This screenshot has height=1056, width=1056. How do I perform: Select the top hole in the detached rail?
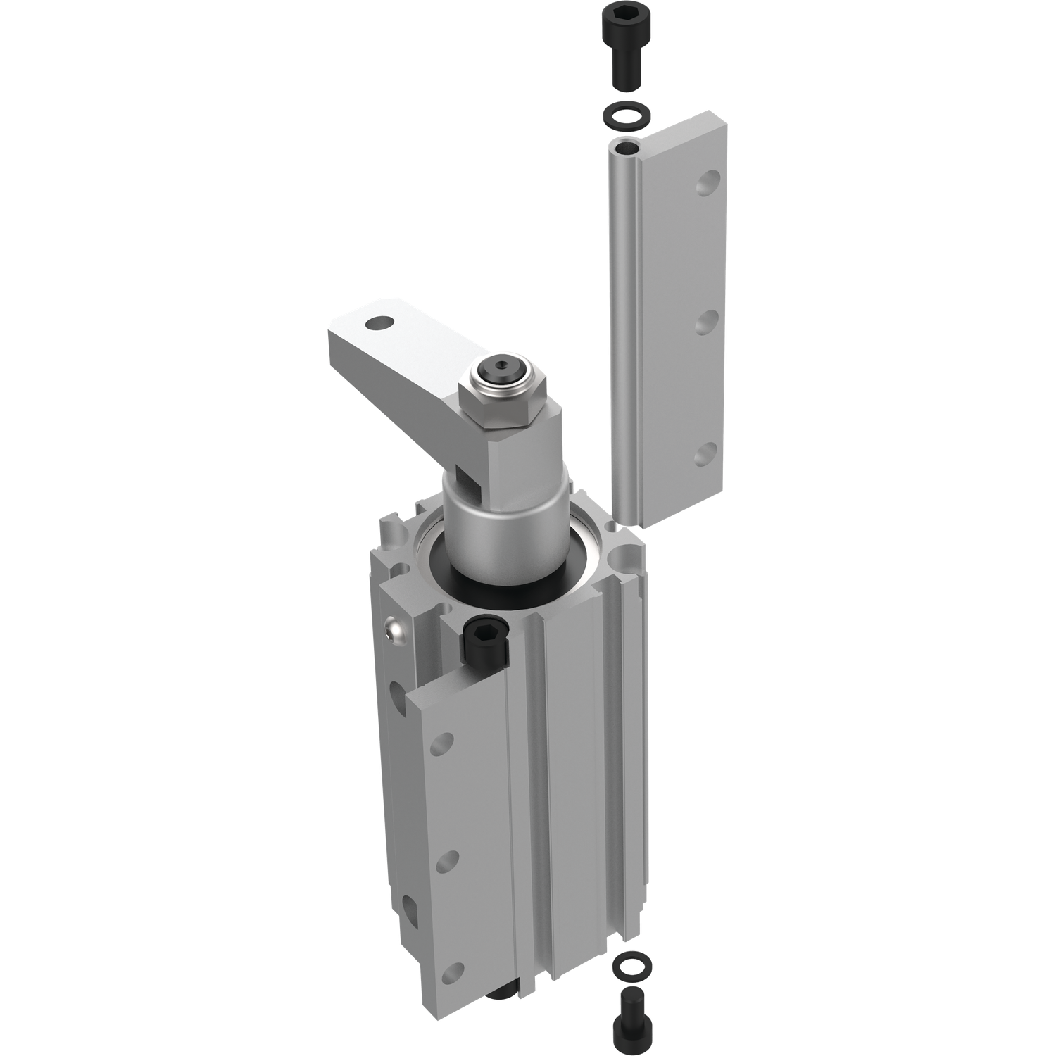(706, 186)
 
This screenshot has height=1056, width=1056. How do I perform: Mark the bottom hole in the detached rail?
(706, 454)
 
